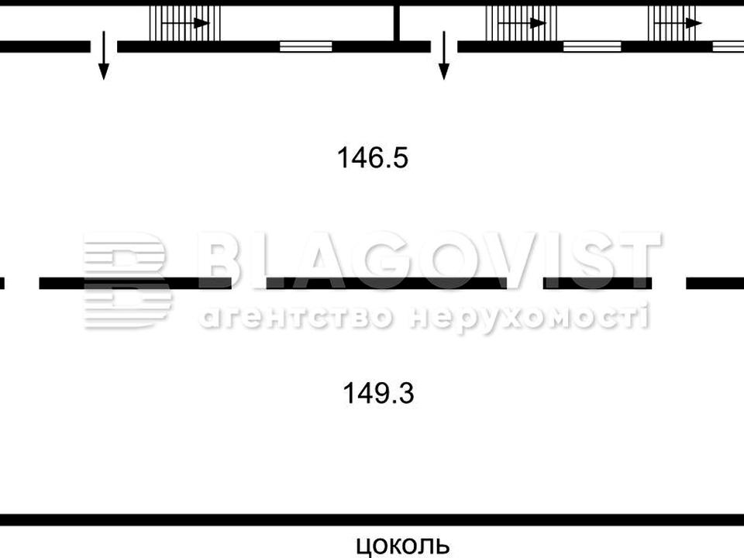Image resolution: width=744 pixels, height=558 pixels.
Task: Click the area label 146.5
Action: [x=373, y=157]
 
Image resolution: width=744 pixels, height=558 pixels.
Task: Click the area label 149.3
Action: [x=378, y=394]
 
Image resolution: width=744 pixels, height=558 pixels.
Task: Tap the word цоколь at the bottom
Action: [x=402, y=546]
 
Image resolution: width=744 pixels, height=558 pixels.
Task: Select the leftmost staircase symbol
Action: [x=185, y=22]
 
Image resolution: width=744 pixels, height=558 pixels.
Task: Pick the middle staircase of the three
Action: [x=521, y=22]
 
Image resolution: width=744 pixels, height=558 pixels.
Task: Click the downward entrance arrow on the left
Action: [x=103, y=56]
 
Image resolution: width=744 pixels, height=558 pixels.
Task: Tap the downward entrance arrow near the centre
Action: [x=443, y=56]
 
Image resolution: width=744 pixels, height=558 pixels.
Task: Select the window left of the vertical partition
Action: [x=305, y=46]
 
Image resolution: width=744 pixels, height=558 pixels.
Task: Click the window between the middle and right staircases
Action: [x=592, y=46]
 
